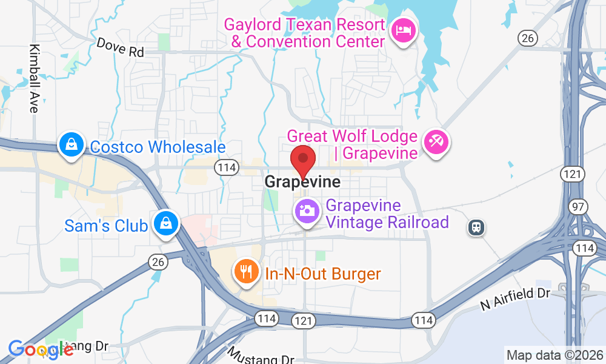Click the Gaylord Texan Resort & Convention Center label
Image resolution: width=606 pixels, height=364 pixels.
305,33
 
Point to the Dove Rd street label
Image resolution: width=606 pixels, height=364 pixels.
120,48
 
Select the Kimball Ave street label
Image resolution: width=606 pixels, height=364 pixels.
33,78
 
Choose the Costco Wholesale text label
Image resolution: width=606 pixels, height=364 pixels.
158,147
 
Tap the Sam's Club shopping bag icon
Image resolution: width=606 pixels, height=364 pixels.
164,223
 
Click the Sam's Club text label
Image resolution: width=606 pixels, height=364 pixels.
106,226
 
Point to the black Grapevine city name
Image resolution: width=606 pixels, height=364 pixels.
302,182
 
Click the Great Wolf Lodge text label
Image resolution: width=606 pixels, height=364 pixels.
352,144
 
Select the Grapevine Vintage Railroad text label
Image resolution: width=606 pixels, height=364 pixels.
387,214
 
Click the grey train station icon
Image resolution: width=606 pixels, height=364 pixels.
477,227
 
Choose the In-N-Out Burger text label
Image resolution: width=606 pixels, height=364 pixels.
323,274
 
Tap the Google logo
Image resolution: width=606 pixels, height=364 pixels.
41,349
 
